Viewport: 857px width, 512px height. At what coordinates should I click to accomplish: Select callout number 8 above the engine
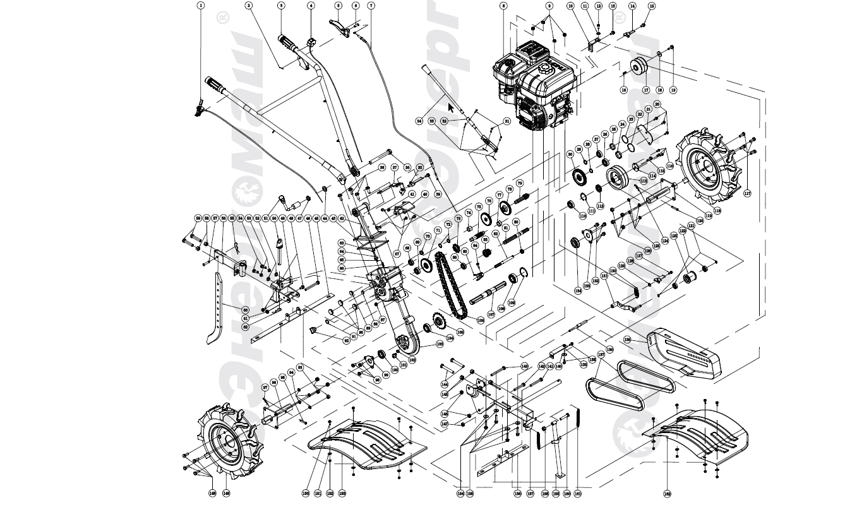pos(503,6)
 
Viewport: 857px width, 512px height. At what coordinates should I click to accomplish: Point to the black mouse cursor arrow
pos(451,107)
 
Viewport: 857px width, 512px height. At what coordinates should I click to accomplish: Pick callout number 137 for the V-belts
pos(601,355)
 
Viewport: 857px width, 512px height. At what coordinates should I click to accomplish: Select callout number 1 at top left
pos(201,5)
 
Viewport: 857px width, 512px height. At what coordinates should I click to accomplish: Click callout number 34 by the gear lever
pos(419,120)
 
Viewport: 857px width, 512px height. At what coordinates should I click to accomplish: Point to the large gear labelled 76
pos(487,219)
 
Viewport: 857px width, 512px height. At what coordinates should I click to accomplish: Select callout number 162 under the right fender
pos(667,493)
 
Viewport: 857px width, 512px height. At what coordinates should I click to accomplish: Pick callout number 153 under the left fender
pos(342,493)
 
